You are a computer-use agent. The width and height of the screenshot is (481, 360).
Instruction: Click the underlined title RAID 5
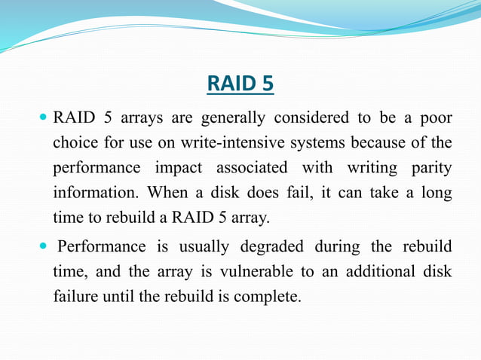(x=240, y=84)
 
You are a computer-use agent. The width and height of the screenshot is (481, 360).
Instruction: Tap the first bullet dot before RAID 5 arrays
(x=42, y=117)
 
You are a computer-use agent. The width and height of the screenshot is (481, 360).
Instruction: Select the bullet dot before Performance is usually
(x=42, y=246)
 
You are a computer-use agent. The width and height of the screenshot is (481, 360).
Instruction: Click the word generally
(x=231, y=118)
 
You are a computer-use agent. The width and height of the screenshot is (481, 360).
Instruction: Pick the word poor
(x=436, y=118)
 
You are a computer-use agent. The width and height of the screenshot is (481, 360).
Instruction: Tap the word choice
(x=74, y=143)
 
